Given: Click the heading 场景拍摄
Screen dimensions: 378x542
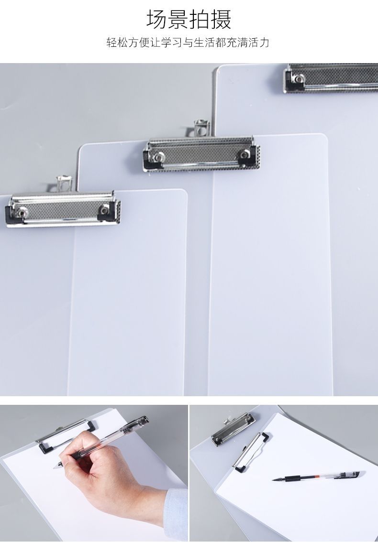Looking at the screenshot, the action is click(x=189, y=19).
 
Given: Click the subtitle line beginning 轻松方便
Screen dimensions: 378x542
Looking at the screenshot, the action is click(x=188, y=43).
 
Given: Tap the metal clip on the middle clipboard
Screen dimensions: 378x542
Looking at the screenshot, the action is click(x=201, y=154).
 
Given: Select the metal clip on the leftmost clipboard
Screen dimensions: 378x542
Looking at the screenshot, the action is click(x=63, y=209).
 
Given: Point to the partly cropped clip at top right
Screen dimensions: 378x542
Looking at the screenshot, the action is click(x=331, y=78).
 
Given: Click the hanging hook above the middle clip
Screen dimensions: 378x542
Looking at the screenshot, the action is click(x=202, y=128).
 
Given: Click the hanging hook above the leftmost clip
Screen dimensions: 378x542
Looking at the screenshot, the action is click(x=65, y=184).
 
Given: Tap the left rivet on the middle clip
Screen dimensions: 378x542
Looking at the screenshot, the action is click(x=159, y=157).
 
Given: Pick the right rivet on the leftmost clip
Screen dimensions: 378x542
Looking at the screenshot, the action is click(x=104, y=209).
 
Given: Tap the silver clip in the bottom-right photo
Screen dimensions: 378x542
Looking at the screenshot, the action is click(x=233, y=429).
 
